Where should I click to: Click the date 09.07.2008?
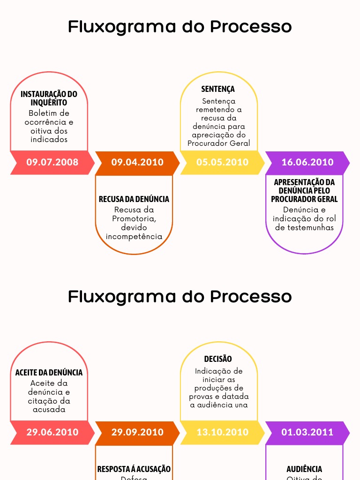pyautogui.click(x=52, y=162)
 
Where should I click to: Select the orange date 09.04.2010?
pyautogui.click(x=137, y=162)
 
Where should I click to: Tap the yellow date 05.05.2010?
pyautogui.click(x=222, y=162)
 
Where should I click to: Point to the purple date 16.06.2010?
pyautogui.click(x=307, y=162)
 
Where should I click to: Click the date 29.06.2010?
pyautogui.click(x=52, y=432)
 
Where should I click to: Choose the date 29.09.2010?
pyautogui.click(x=137, y=432)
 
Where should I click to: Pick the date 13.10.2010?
pyautogui.click(x=222, y=432)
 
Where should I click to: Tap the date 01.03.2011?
pyautogui.click(x=307, y=432)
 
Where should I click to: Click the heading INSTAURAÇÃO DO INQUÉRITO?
pyautogui.click(x=49, y=98)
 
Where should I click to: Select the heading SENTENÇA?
pyautogui.click(x=218, y=89)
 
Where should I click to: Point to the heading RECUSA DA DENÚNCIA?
pyautogui.click(x=134, y=199)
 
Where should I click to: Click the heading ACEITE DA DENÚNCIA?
pyautogui.click(x=49, y=373)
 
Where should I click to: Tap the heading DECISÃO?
pyautogui.click(x=218, y=359)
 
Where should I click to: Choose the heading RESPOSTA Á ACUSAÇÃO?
pyautogui.click(x=134, y=469)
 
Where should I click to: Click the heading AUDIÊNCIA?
pyautogui.click(x=304, y=469)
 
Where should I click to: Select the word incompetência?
pyautogui.click(x=134, y=236)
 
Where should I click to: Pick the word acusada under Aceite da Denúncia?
pyautogui.click(x=49, y=409)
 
